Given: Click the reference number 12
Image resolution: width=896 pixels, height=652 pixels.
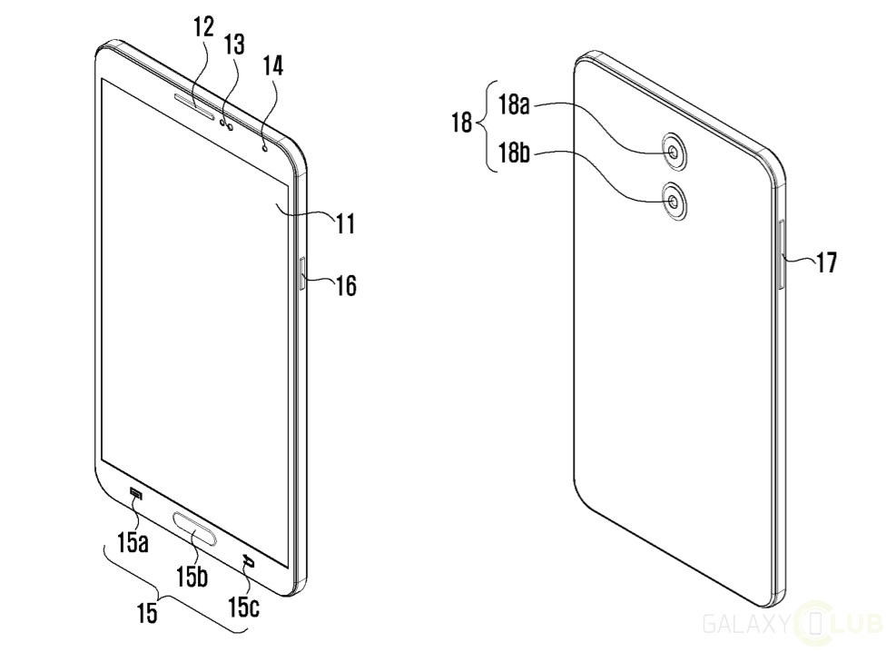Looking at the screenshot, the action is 203,27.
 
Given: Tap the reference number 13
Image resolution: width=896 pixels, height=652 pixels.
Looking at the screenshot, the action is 234,44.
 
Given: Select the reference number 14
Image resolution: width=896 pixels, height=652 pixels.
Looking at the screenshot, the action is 272,66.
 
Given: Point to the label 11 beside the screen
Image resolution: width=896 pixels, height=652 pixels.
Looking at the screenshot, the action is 345,223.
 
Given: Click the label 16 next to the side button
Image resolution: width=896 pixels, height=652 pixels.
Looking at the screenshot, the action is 346,285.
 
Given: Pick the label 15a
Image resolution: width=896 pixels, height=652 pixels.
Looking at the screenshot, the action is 133,542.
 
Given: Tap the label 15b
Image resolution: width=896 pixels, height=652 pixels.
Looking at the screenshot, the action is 192,577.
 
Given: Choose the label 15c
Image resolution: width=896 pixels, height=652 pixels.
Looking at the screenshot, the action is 244,607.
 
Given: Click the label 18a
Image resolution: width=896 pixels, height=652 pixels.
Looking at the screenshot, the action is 514,105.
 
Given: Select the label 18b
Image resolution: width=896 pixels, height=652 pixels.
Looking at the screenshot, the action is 514,153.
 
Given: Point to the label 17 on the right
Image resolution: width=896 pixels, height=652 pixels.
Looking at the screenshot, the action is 826,262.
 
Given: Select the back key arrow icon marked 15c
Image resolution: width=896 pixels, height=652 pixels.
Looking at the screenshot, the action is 248,560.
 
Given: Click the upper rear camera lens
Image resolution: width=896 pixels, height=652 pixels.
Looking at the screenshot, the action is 674,152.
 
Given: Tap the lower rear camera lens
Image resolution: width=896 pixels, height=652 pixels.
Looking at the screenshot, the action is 674,202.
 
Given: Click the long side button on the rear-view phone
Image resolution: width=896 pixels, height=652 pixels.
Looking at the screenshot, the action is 782,255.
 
